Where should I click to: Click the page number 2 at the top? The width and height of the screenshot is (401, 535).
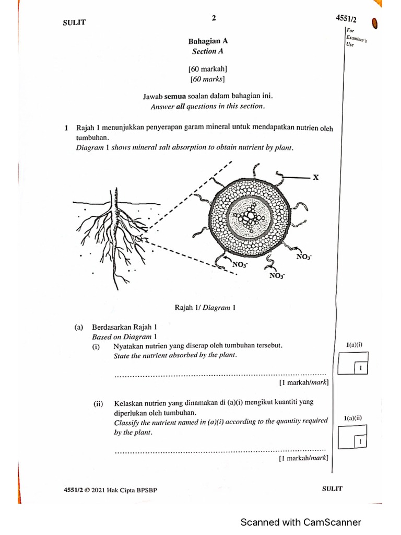(x=214, y=18)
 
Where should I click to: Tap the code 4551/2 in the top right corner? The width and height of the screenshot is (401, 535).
(x=346, y=19)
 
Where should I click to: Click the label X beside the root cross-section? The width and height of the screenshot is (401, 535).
(x=316, y=178)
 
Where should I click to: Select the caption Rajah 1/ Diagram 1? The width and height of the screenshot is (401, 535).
(x=204, y=308)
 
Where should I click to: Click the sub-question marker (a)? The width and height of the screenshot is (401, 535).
(x=79, y=328)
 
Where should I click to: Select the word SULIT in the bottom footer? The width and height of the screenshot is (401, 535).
(x=333, y=489)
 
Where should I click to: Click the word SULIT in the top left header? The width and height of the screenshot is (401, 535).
(x=74, y=22)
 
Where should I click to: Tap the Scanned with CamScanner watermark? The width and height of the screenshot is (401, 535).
(x=300, y=522)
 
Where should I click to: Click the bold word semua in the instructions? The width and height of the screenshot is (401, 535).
(x=176, y=96)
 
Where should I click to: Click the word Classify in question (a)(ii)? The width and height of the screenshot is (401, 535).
(x=126, y=422)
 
